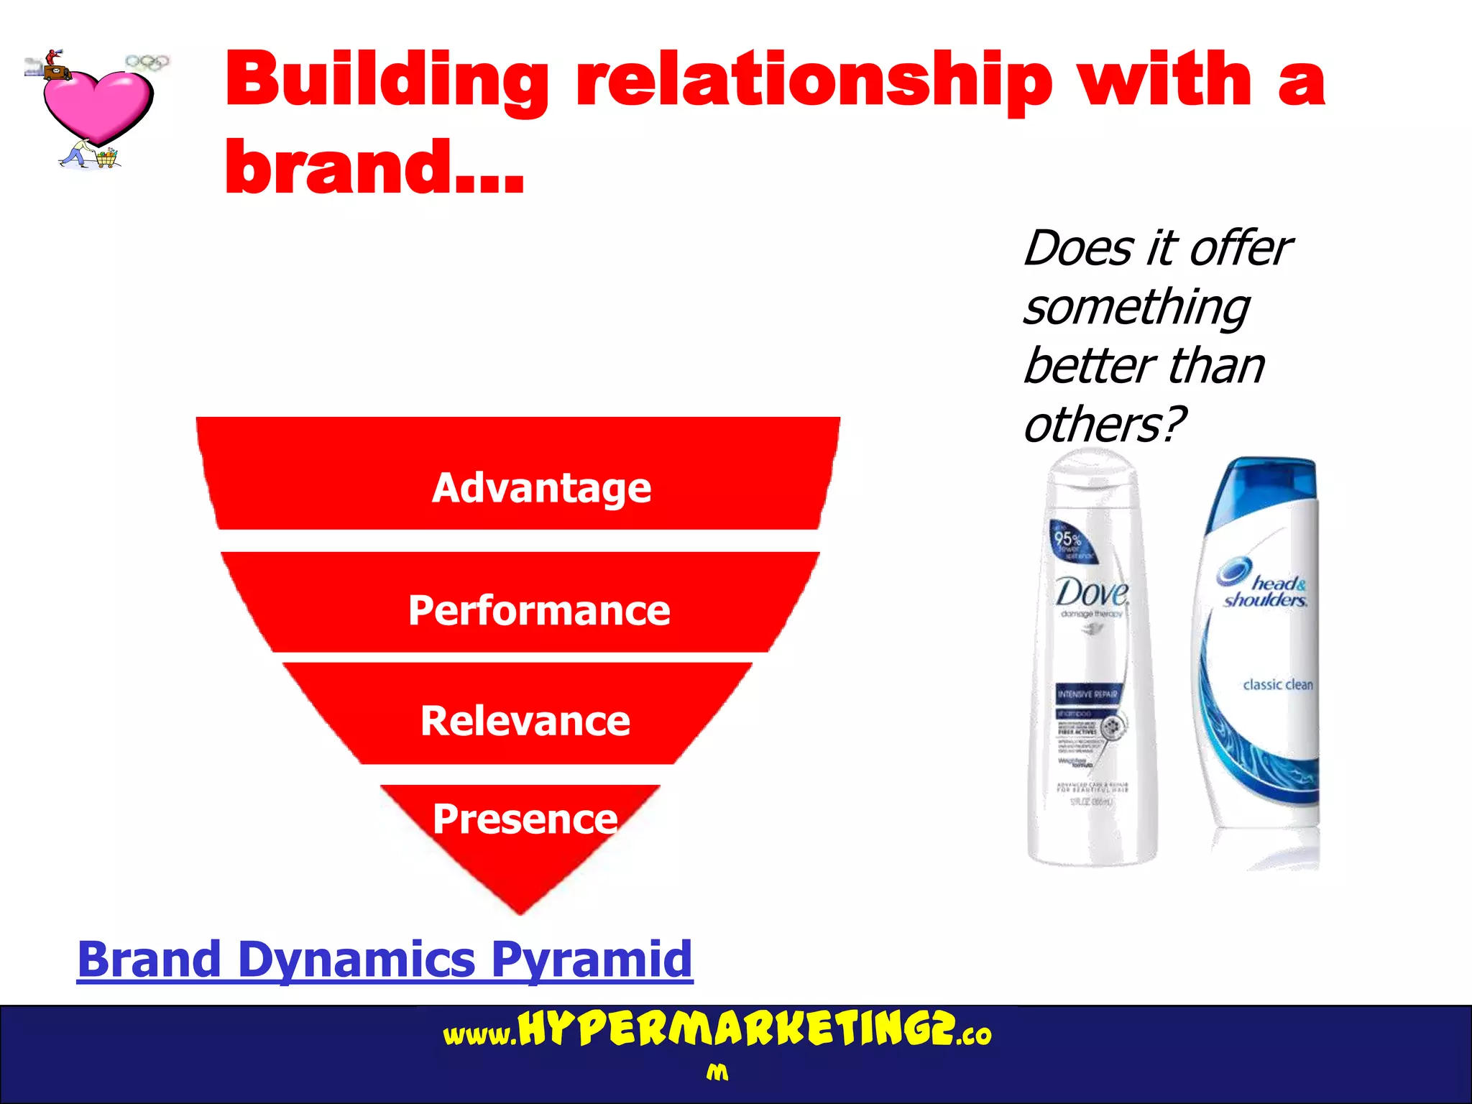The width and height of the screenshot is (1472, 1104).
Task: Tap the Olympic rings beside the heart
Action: [x=147, y=63]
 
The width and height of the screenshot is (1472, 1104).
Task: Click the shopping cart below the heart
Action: [x=106, y=158]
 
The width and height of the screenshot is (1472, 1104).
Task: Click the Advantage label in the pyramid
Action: [x=540, y=488]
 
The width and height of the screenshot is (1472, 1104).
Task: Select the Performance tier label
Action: [x=539, y=611]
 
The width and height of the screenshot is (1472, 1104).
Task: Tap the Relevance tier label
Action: [x=525, y=721]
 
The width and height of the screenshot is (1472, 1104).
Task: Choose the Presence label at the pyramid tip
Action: [x=525, y=819]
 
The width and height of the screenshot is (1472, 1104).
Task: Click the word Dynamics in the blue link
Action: [x=356, y=960]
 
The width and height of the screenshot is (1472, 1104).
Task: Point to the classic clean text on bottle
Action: [x=1277, y=684]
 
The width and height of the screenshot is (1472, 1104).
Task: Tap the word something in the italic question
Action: [x=1136, y=308]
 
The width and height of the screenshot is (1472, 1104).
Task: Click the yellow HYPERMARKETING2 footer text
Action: [x=737, y=1030]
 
